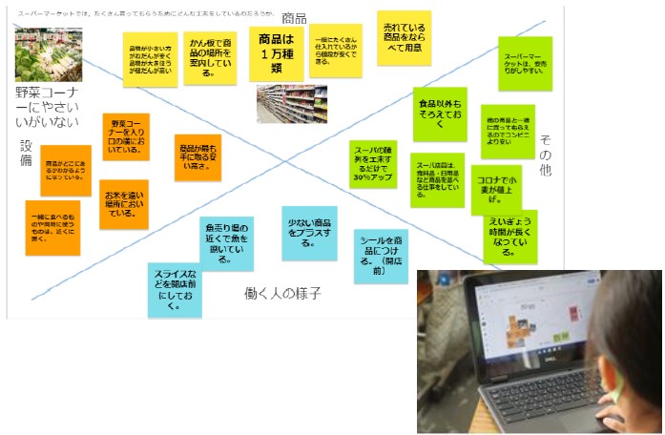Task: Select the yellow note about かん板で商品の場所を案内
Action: click(x=210, y=56)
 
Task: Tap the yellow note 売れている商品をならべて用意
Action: click(x=403, y=38)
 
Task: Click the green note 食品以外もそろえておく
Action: click(x=439, y=113)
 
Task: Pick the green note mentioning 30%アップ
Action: click(x=372, y=163)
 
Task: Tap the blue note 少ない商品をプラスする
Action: click(x=309, y=232)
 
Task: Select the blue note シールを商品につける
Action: click(x=381, y=255)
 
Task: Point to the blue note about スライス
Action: click(x=175, y=287)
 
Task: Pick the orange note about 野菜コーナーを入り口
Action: click(x=127, y=136)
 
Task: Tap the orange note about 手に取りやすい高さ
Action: click(x=197, y=156)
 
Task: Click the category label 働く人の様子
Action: click(x=281, y=293)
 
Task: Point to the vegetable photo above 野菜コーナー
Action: click(x=48, y=55)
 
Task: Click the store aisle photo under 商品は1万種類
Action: click(x=291, y=103)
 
